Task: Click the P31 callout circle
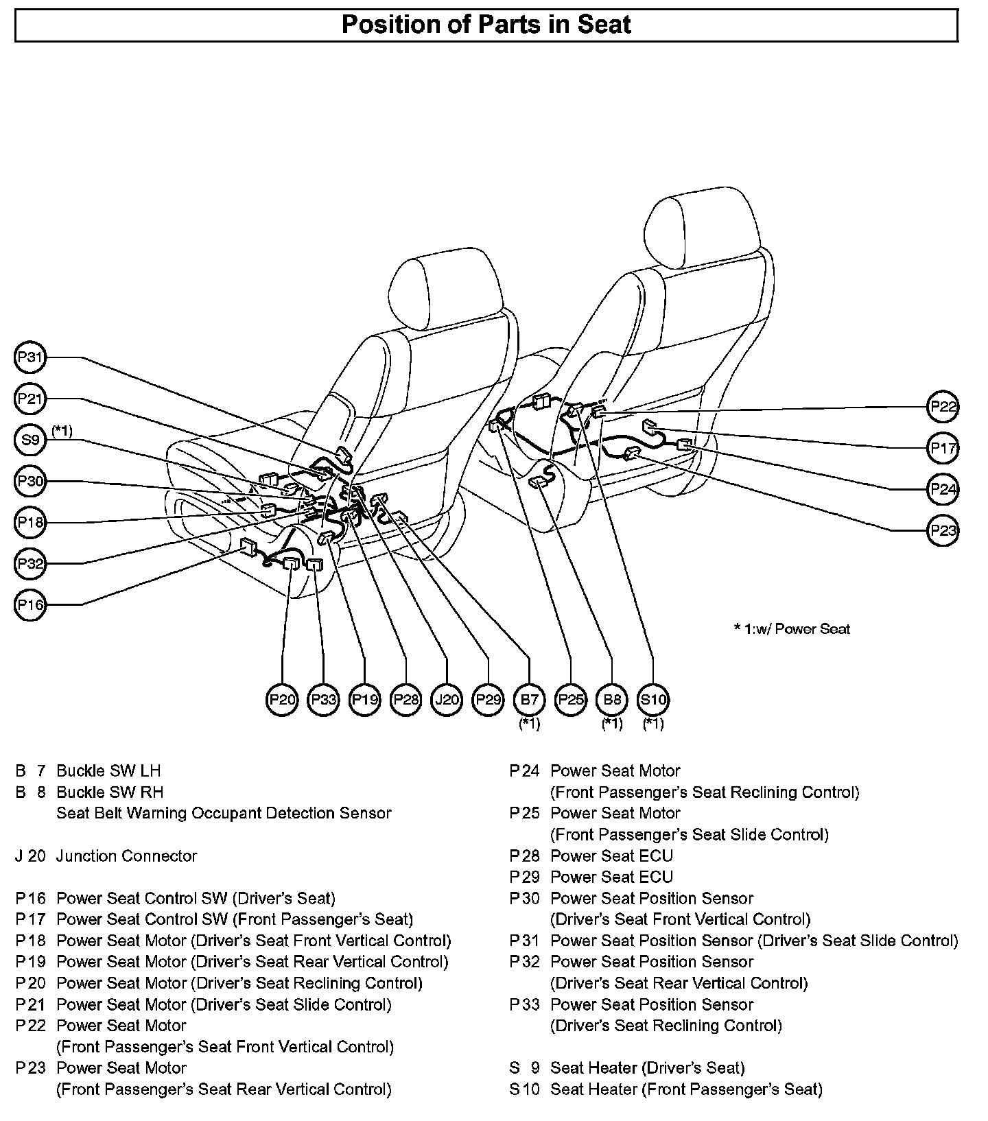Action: pos(30,357)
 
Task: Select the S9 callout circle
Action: pos(30,440)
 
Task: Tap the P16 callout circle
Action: pos(30,604)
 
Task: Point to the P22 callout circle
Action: pos(943,407)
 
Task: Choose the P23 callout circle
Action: pos(943,530)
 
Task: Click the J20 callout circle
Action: pos(447,699)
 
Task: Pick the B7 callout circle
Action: pos(530,699)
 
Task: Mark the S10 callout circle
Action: pos(653,699)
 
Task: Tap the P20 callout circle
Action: pos(283,699)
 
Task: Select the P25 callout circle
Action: pos(571,699)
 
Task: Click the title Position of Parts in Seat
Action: pos(486,25)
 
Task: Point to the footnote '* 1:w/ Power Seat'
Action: pos(792,628)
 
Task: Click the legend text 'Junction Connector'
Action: pos(126,855)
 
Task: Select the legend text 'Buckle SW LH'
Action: pos(108,770)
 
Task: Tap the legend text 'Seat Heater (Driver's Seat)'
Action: pos(647,1067)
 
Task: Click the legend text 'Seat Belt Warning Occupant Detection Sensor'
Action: pos(223,813)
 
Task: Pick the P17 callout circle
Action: pos(943,448)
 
